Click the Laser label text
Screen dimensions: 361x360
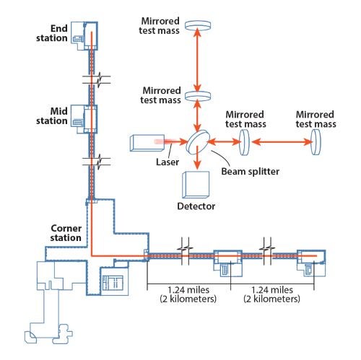tap(168, 162)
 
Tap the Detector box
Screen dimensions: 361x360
tap(196, 185)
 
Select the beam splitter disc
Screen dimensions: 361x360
tap(198, 142)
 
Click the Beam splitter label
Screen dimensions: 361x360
tap(250, 172)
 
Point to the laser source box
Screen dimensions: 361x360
tap(147, 143)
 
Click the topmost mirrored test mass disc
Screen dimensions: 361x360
tap(198, 25)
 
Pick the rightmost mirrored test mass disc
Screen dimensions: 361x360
tap(316, 142)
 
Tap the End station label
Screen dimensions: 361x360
tap(52, 33)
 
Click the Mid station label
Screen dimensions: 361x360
tap(52, 116)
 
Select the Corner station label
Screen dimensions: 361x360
tap(66, 233)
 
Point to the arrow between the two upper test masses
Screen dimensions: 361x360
tap(198, 60)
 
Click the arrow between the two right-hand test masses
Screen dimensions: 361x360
tap(282, 142)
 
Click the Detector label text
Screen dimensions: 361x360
tap(196, 206)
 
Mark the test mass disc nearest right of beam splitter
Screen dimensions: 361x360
tap(244, 142)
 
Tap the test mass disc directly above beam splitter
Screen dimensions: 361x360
tap(198, 96)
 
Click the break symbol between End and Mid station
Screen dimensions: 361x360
tap(96, 79)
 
